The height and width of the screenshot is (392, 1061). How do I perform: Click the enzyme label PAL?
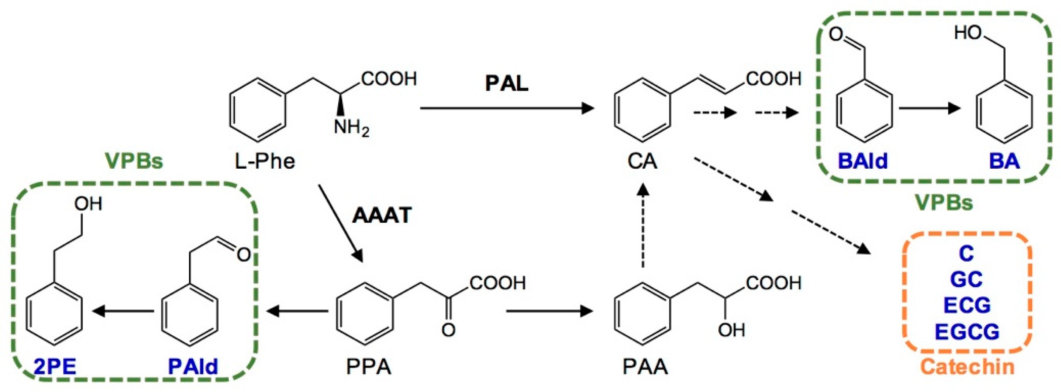point(506,84)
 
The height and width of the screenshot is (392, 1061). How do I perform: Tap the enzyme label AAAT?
point(381,215)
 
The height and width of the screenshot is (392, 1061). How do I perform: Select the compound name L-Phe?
point(265,161)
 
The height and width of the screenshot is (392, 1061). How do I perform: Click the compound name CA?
point(642,161)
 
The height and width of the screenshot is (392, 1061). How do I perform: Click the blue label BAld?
point(862,161)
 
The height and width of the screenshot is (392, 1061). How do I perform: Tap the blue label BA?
point(1004,161)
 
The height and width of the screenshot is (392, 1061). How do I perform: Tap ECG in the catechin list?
point(967,305)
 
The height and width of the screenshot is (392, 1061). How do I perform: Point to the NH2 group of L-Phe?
point(351,128)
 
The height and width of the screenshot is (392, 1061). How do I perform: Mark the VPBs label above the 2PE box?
point(134,161)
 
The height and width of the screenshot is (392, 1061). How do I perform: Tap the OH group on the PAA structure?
point(731,330)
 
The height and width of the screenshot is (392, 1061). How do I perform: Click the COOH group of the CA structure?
point(773,79)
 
